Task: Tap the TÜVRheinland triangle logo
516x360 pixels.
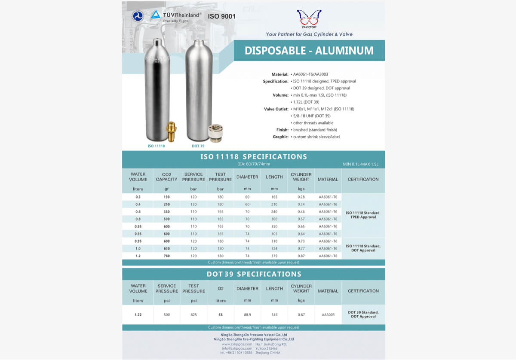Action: point(156,15)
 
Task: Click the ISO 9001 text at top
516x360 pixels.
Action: point(221,17)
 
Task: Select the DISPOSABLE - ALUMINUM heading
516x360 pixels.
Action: point(309,51)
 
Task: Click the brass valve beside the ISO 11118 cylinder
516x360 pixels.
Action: point(171,131)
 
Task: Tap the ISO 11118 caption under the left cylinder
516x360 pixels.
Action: point(156,146)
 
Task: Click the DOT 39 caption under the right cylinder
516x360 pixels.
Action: point(198,146)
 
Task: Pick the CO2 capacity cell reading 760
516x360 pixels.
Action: point(166,256)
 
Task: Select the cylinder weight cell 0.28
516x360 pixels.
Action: point(301,197)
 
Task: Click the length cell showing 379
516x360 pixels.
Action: point(274,256)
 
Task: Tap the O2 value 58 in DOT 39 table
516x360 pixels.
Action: point(221,315)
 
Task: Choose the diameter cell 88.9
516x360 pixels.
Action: point(247,315)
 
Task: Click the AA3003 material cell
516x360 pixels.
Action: point(328,315)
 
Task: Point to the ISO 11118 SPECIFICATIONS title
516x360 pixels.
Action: point(254,156)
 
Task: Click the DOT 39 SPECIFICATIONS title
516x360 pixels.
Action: point(254,274)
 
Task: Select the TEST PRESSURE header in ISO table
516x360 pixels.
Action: point(220,177)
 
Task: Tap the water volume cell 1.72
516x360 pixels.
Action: point(138,315)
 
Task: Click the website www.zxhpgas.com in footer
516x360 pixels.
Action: point(237,344)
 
